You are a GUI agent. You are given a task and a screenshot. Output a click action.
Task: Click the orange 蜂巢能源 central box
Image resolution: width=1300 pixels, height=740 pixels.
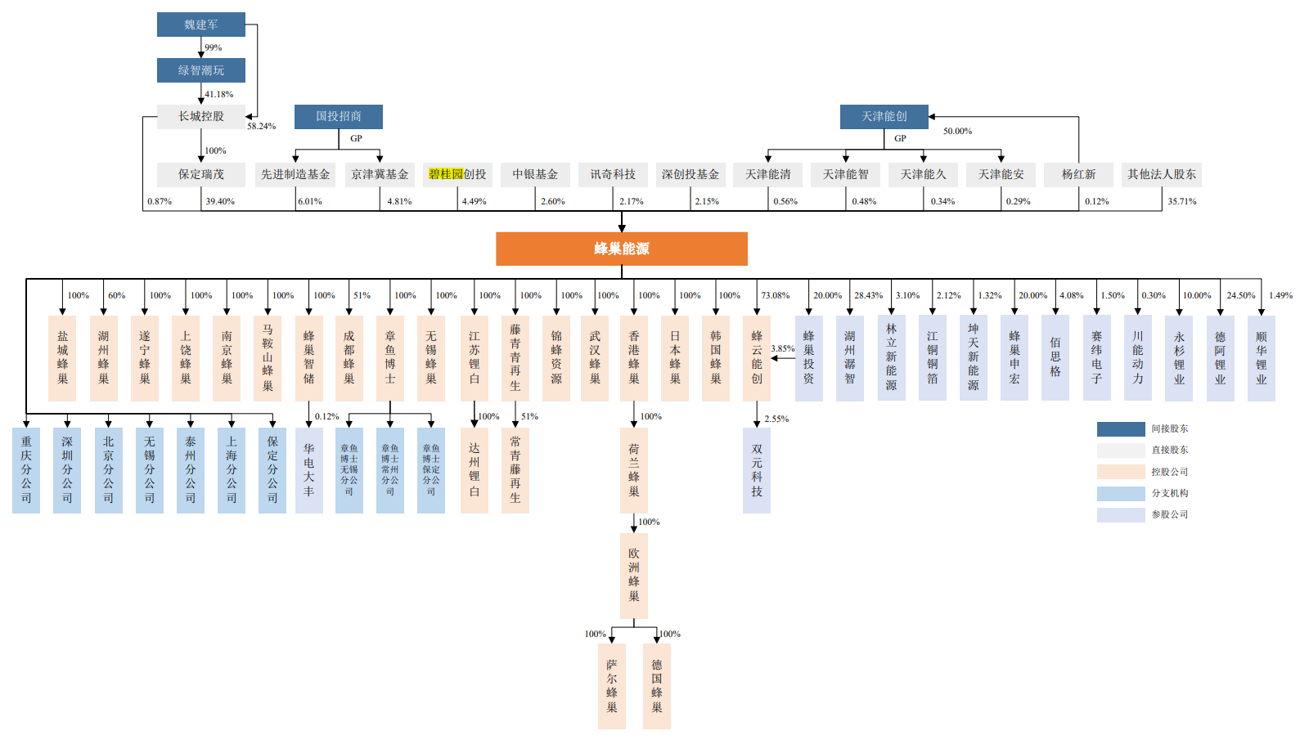point(621,249)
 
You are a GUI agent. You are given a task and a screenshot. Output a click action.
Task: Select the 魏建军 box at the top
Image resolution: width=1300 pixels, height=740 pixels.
point(201,25)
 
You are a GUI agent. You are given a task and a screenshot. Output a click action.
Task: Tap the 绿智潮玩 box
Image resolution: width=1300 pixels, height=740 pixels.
point(201,70)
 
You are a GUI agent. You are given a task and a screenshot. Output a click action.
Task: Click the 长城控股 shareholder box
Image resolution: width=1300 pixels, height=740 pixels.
point(201,116)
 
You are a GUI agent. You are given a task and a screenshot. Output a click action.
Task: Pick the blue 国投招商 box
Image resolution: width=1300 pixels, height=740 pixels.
point(339,116)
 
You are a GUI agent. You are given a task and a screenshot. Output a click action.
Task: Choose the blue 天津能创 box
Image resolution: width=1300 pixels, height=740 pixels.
point(884,116)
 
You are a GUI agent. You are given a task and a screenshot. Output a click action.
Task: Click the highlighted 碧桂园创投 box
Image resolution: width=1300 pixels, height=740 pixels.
point(457,174)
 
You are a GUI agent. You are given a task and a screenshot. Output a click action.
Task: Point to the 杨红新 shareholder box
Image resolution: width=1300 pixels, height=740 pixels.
point(1078,174)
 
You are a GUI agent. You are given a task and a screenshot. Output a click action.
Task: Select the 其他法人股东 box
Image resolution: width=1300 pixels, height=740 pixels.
point(1162,174)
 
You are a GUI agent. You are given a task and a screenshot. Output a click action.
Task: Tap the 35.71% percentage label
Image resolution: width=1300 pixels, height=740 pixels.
point(1181,201)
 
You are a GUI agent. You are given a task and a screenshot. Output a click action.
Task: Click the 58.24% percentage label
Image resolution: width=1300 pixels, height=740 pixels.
point(262,126)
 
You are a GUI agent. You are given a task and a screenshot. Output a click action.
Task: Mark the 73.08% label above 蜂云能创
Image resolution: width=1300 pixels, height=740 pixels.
point(776,295)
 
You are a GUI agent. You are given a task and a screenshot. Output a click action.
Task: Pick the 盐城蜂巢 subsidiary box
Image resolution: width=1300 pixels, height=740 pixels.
point(62,358)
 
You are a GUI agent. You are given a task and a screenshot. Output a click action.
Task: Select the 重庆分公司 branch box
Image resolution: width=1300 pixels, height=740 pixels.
point(26,470)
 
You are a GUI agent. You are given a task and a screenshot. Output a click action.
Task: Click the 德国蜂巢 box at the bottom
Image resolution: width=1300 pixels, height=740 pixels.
point(657,686)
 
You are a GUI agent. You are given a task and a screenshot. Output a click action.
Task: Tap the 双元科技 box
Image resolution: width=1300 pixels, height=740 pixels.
point(757,470)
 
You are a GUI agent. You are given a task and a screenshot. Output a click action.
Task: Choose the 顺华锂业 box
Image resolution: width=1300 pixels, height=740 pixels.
point(1261,358)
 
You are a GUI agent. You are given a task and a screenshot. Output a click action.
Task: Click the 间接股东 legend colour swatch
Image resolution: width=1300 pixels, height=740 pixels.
point(1121,428)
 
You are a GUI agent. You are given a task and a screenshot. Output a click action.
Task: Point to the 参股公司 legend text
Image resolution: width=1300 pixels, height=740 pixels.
point(1170,514)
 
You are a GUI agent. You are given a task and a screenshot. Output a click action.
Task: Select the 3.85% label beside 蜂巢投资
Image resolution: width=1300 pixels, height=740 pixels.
point(783,348)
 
